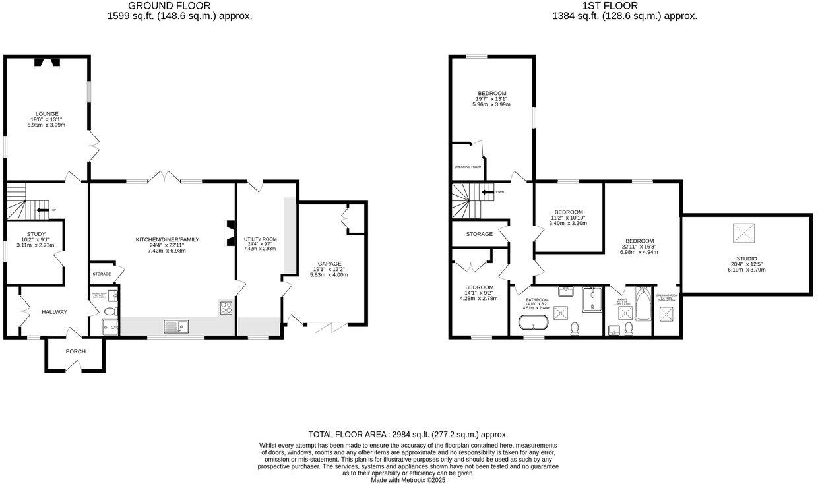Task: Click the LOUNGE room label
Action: (x=47, y=113)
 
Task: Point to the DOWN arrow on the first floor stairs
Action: (x=489, y=193)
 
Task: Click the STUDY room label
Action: (x=36, y=233)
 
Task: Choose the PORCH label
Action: (x=75, y=351)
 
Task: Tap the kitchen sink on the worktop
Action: (x=176, y=325)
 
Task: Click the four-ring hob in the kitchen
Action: (x=226, y=307)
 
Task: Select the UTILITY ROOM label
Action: (x=260, y=239)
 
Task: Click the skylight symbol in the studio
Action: (x=747, y=233)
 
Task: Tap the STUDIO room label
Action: (x=747, y=258)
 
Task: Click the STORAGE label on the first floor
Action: (x=479, y=234)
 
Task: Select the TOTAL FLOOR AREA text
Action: (x=408, y=434)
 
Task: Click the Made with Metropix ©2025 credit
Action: (x=408, y=480)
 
